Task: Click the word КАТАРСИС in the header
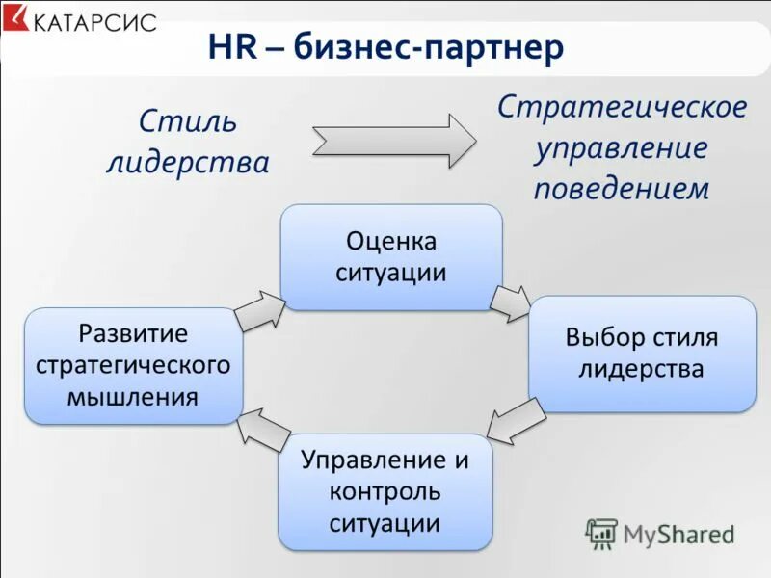coord(94,21)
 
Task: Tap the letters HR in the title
coord(231,48)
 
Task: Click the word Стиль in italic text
coord(187,122)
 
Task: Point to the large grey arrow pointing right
coord(393,141)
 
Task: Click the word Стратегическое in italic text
coord(622,107)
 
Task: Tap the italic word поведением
coord(622,188)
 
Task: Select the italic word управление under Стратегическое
coord(622,147)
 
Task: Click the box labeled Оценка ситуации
coord(390,256)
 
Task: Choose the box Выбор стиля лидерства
coord(642,353)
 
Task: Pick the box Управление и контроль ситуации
coord(385,491)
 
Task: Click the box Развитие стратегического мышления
coord(133,365)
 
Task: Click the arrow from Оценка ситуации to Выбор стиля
coord(509,302)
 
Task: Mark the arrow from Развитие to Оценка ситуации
coord(258,310)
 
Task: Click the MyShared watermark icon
coord(602,533)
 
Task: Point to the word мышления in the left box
coord(133,396)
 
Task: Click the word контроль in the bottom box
coord(385,492)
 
